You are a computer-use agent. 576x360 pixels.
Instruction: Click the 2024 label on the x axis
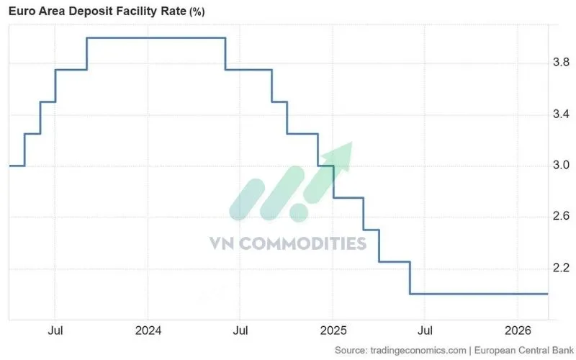click(x=148, y=330)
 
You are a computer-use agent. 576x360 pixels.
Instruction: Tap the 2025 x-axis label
click(x=333, y=330)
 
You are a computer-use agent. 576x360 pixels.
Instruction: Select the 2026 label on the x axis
click(x=517, y=330)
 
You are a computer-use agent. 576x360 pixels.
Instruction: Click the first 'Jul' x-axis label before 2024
click(x=55, y=330)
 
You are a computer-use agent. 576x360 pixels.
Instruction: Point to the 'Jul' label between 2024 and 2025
click(x=240, y=330)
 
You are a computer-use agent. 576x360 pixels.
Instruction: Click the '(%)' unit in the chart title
click(x=197, y=12)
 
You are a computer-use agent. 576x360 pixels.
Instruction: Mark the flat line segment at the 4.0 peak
click(x=156, y=37)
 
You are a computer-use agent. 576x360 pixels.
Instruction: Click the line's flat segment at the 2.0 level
click(x=478, y=294)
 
